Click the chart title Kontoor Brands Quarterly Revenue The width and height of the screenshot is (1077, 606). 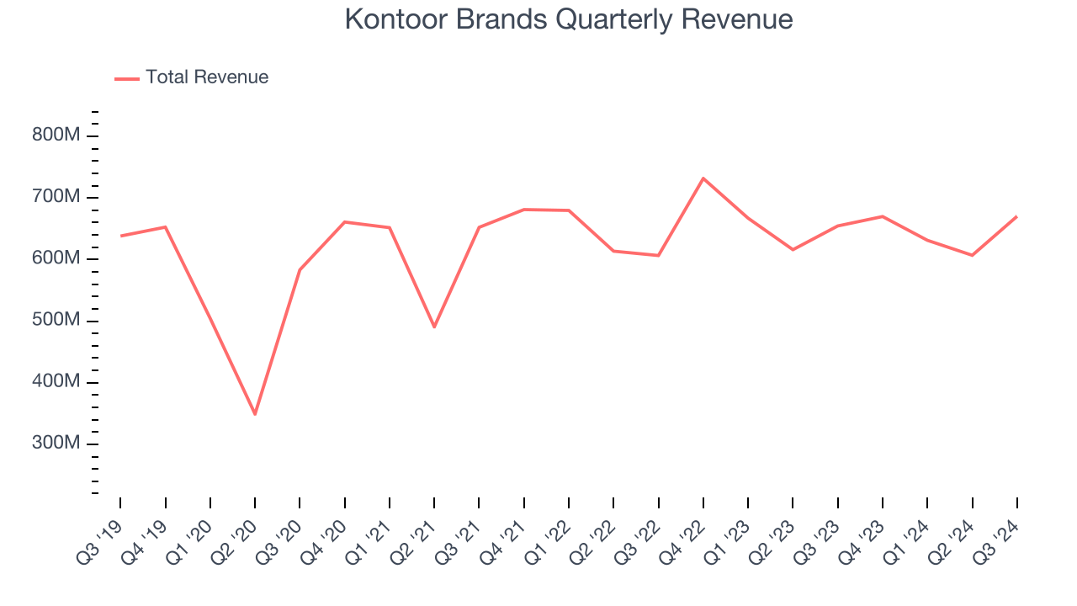pyautogui.click(x=569, y=19)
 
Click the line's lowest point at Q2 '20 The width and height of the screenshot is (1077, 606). pyautogui.click(x=255, y=414)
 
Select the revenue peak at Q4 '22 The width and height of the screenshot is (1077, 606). pyautogui.click(x=703, y=178)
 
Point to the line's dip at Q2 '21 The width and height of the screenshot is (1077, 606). pyautogui.click(x=434, y=327)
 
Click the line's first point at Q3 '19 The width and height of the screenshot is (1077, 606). pyautogui.click(x=120, y=236)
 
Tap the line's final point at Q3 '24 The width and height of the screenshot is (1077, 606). pyautogui.click(x=1016, y=216)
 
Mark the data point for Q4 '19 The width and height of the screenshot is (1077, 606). pyautogui.click(x=165, y=227)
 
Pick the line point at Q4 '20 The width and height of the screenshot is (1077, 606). pyautogui.click(x=345, y=222)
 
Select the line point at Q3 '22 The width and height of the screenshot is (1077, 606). pyautogui.click(x=658, y=255)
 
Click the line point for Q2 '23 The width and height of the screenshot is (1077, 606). pyautogui.click(x=793, y=249)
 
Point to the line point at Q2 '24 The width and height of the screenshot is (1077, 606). pyautogui.click(x=972, y=255)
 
